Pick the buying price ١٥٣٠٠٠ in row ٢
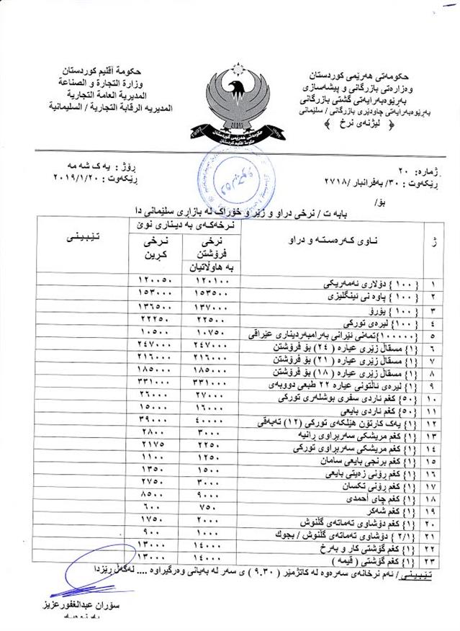(155, 294)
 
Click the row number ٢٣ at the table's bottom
(433, 560)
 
